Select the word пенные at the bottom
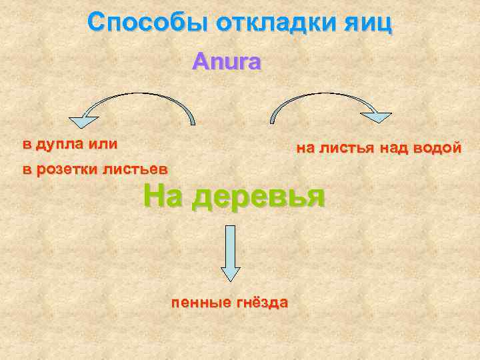coord(199,303)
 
